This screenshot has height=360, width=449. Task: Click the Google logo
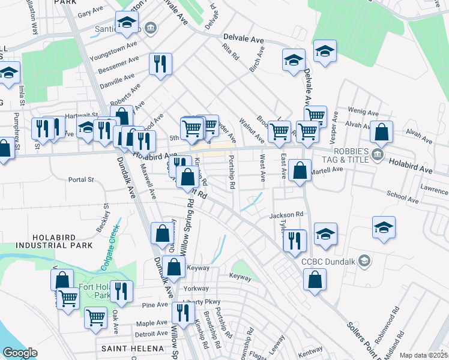20,353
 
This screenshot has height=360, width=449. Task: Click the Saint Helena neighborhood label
132,349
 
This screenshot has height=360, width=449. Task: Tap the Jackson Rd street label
287,214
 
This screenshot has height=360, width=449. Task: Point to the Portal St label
82,179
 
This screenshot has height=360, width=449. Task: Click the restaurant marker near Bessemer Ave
160,63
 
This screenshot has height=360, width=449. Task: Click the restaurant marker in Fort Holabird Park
122,292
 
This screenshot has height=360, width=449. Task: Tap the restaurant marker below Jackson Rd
294,240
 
